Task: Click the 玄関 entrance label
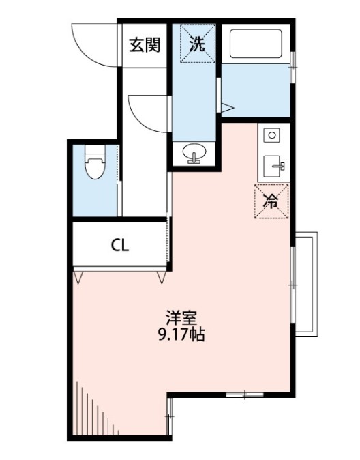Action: tap(145, 45)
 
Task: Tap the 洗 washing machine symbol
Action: tap(198, 44)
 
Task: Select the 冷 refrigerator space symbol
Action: tap(271, 201)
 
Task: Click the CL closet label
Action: tap(120, 246)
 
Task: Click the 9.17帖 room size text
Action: tap(181, 334)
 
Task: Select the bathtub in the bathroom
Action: tap(256, 44)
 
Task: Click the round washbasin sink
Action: tap(194, 153)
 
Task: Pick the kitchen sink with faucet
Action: tap(273, 167)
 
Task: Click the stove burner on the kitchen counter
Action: tap(272, 136)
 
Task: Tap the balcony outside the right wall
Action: tap(306, 285)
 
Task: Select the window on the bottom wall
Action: tap(245, 395)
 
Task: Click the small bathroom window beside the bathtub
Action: tap(292, 67)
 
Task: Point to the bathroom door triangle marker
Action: tap(227, 108)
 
